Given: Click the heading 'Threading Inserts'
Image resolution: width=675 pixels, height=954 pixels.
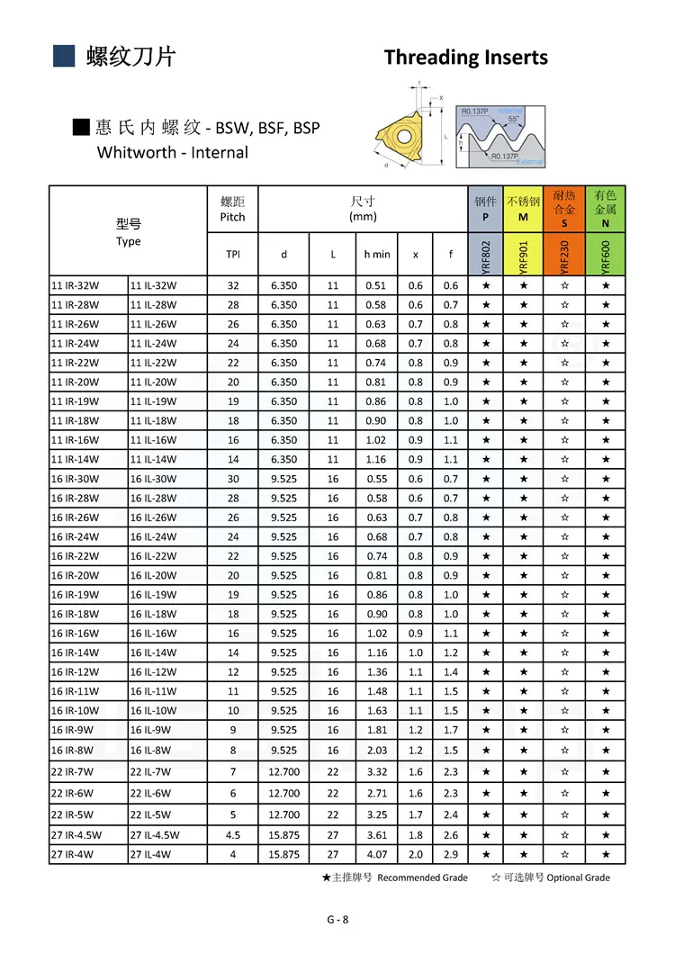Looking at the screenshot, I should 465,58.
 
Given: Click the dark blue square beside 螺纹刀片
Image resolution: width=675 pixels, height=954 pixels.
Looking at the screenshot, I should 63,56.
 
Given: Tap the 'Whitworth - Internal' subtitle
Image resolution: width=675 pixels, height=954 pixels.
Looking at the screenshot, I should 172,152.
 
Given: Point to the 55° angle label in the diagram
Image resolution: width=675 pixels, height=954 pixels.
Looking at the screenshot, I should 513,119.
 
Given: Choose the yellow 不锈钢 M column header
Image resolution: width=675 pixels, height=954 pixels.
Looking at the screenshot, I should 523,209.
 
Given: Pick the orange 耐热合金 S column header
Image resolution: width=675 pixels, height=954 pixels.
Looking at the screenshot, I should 564,209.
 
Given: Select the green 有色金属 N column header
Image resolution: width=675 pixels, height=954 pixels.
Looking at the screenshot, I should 605,209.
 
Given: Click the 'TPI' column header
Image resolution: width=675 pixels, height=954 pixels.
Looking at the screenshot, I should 232,255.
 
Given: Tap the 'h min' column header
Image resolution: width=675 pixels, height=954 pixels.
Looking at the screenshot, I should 377,255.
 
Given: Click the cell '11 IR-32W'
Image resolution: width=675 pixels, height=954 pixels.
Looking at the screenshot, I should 88,285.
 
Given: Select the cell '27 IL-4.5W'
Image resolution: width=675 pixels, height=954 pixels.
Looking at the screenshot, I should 167,835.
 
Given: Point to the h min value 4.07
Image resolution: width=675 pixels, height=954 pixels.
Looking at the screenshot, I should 377,854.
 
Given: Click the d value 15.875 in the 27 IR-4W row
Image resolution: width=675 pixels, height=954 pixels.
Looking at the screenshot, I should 283,854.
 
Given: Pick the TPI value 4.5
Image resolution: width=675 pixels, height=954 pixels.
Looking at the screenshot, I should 232,835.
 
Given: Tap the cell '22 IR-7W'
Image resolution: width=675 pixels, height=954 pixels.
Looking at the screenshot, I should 88,771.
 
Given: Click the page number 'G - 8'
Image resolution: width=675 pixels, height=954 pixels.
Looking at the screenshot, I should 337,919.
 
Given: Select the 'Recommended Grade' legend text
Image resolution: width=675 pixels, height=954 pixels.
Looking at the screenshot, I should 422,877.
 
